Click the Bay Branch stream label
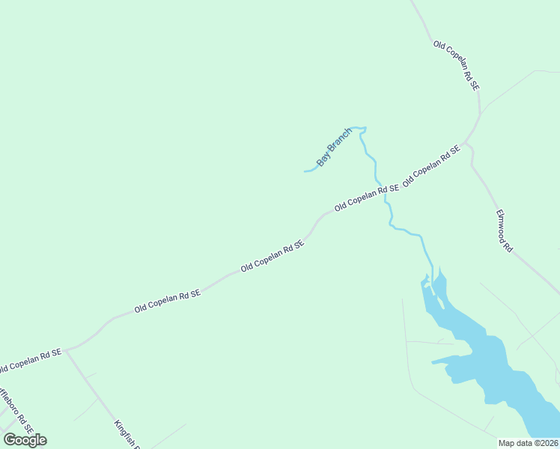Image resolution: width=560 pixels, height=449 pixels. pyautogui.click(x=334, y=147)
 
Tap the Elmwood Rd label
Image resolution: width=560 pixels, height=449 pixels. pyautogui.click(x=503, y=230)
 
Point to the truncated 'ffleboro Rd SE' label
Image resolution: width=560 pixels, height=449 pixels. pyautogui.click(x=15, y=411)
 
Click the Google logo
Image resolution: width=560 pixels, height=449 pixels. pyautogui.click(x=25, y=440)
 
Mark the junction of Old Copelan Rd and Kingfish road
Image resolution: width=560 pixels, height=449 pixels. pyautogui.click(x=66, y=349)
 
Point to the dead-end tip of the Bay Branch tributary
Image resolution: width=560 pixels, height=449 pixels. pyautogui.click(x=305, y=171)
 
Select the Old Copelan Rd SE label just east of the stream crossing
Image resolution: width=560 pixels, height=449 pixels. pyautogui.click(x=430, y=166)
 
